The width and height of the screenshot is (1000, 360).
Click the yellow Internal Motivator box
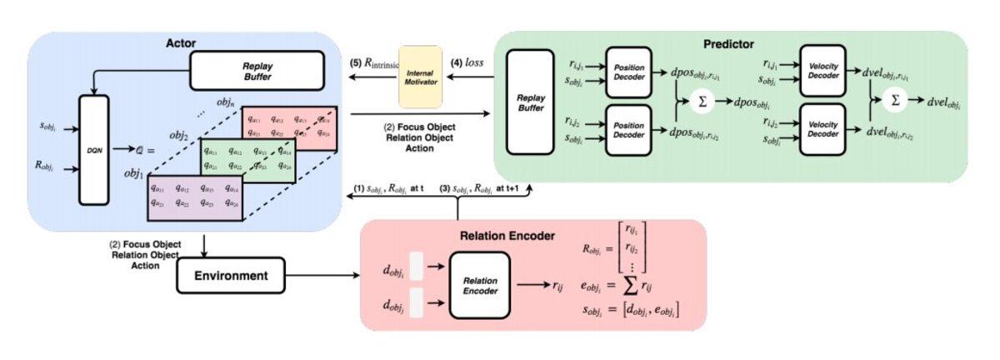(x=420, y=77)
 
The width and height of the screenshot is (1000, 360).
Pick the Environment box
(x=230, y=275)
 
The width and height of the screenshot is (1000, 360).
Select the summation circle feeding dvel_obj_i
(x=896, y=100)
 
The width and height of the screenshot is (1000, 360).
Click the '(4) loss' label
(x=467, y=62)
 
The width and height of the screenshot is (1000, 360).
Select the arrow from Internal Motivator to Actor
(x=370, y=77)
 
